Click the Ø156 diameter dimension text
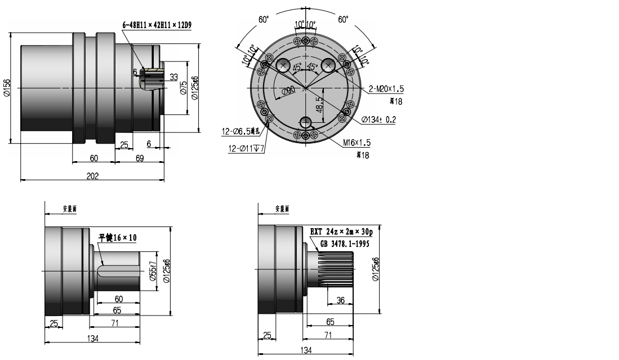[7, 88]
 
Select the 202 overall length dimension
[93, 176]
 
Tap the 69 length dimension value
[140, 159]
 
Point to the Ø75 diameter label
[184, 88]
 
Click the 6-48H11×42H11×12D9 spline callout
[157, 25]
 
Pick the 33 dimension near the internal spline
[173, 77]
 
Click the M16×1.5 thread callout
[357, 143]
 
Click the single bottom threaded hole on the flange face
[306, 122]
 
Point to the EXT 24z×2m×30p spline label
[345, 232]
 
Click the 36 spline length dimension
[340, 300]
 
